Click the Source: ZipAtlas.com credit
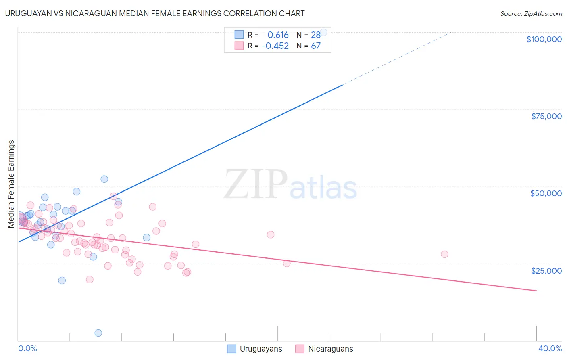click(531, 13)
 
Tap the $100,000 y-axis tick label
click(544, 39)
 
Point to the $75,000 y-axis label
click(546, 116)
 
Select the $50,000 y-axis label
click(546, 193)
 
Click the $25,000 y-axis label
click(546, 270)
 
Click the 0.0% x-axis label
click(27, 348)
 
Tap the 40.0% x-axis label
click(550, 348)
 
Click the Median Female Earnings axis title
click(11, 184)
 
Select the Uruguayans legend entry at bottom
click(255, 349)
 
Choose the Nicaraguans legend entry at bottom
click(324, 349)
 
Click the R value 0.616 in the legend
click(278, 35)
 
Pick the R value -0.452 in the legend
click(275, 46)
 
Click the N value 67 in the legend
click(315, 46)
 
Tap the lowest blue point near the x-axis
click(98, 333)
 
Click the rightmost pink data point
click(444, 254)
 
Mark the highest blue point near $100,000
click(323, 32)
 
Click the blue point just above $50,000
click(104, 179)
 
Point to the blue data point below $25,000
click(62, 280)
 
